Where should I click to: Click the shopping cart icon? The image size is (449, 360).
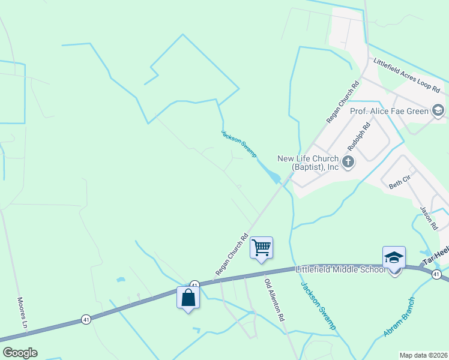point(261,247)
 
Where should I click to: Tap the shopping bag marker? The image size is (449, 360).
point(188,298)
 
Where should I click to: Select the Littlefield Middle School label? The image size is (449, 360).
point(340,269)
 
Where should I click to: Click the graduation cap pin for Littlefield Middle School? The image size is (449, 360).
point(394,258)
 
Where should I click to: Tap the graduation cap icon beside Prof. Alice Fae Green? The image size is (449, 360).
point(438,110)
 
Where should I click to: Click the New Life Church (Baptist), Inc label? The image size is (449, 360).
point(308,163)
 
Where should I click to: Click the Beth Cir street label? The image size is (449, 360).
point(399,182)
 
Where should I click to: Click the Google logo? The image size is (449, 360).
point(20,353)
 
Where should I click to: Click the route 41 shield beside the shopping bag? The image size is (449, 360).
point(194,284)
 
